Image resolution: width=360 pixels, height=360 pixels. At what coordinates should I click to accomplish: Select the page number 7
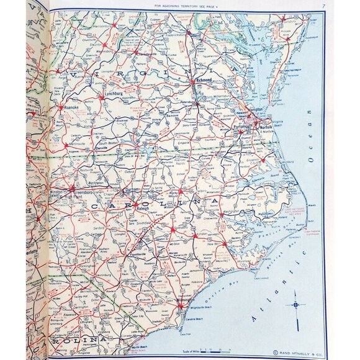pos(324,7)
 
